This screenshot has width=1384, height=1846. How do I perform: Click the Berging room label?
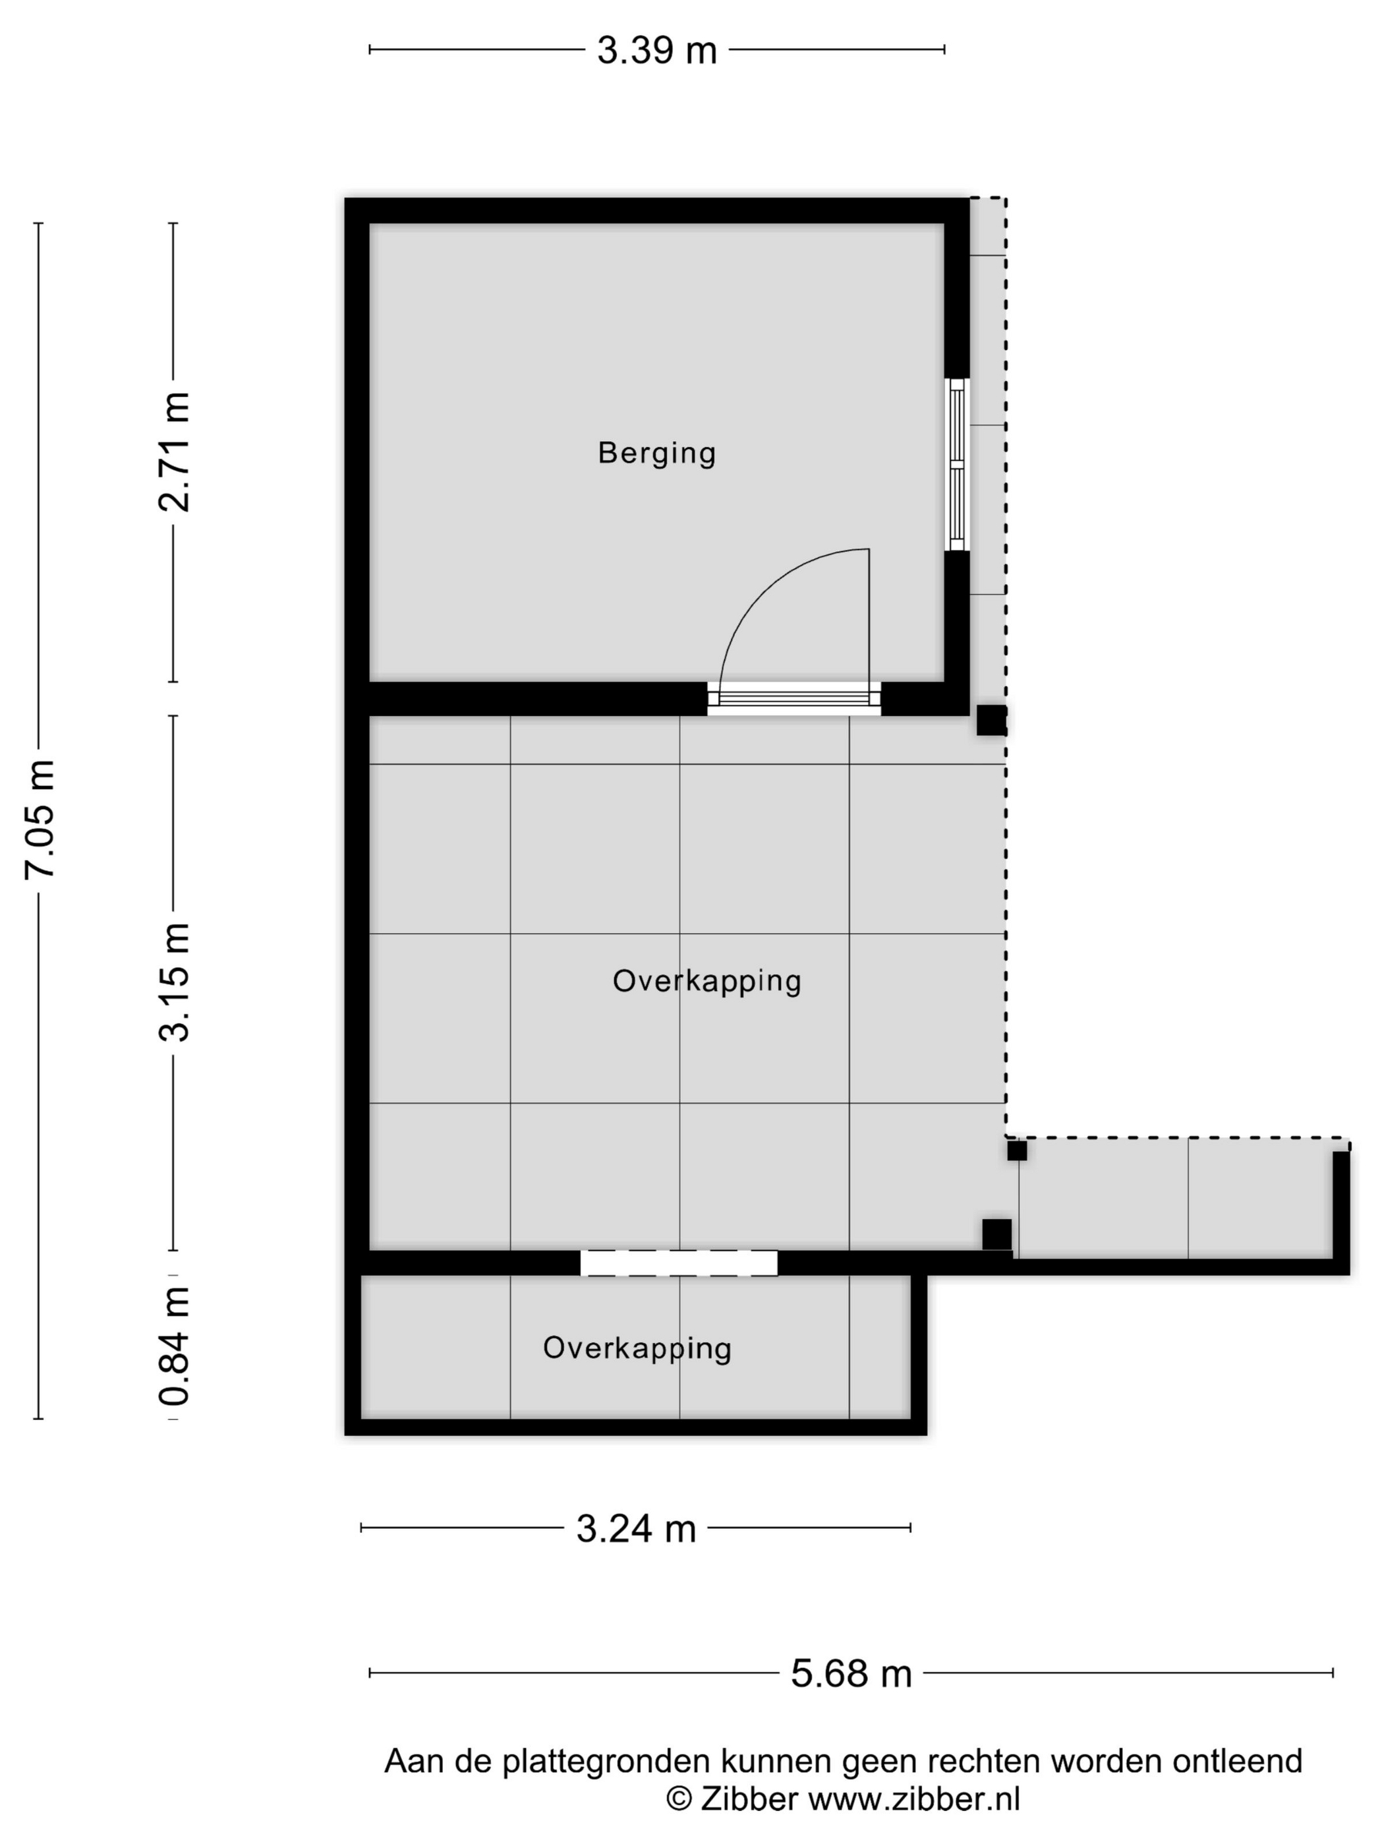coord(656,453)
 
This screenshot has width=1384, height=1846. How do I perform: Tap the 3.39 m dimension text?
coord(656,51)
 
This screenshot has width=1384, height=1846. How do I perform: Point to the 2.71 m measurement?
coord(175,452)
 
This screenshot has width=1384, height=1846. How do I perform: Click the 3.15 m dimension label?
coord(175,982)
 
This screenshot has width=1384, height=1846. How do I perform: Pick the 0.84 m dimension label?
coord(175,1346)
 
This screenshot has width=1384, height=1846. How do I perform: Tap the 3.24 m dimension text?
coord(636,1530)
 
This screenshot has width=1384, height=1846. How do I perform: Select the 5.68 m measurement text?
coord(851,1674)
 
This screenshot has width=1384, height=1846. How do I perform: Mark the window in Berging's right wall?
coord(957,464)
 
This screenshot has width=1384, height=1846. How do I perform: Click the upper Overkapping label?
coord(706,980)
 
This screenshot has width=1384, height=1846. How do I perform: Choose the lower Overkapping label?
coord(637,1348)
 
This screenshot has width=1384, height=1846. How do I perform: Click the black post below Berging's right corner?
coord(992,720)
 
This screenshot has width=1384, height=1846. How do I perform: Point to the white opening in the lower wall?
coord(679,1263)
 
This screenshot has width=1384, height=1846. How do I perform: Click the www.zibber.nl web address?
coord(914,1799)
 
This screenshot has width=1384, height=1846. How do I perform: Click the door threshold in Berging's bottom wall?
coord(794,698)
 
